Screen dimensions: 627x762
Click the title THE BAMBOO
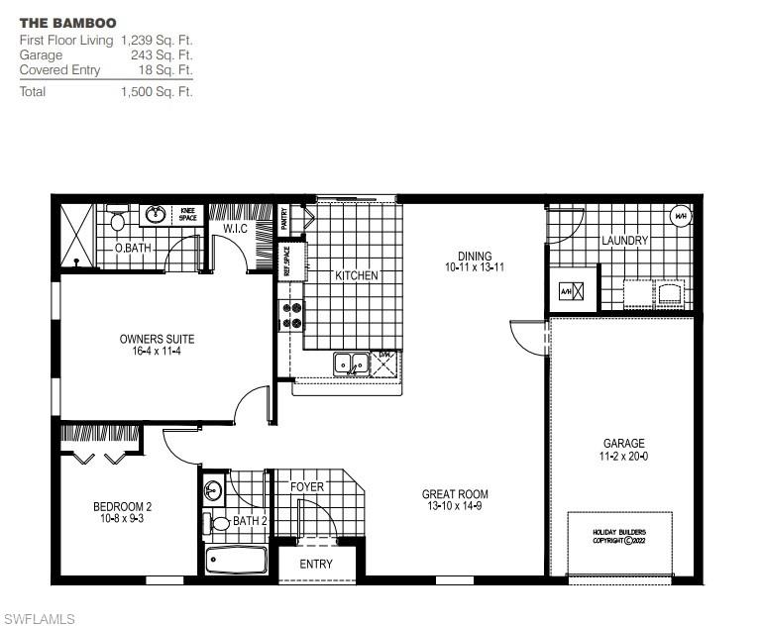pyautogui.click(x=67, y=22)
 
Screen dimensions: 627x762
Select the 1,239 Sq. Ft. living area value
pyautogui.click(x=157, y=41)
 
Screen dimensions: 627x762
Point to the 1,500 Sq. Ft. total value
pyautogui.click(x=157, y=91)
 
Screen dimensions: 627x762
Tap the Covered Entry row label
pyautogui.click(x=59, y=70)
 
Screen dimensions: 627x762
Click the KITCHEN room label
pyautogui.click(x=357, y=275)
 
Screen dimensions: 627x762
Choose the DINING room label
pyautogui.click(x=476, y=257)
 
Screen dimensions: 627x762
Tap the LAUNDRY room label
pyautogui.click(x=624, y=241)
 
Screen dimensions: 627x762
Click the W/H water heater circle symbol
pyautogui.click(x=681, y=217)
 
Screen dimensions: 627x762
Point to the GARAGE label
pyautogui.click(x=623, y=444)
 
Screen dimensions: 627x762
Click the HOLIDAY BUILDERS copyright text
pyautogui.click(x=618, y=536)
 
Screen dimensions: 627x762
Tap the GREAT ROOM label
pyautogui.click(x=455, y=494)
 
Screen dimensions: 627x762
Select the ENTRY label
pyautogui.click(x=316, y=565)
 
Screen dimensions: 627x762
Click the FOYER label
pyautogui.click(x=307, y=487)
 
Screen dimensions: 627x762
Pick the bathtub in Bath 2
pyautogui.click(x=237, y=562)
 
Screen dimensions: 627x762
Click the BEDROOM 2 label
pyautogui.click(x=122, y=506)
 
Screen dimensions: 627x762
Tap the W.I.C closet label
pyautogui.click(x=235, y=229)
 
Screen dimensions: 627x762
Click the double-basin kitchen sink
pyautogui.click(x=351, y=364)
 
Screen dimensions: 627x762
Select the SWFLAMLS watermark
pyautogui.click(x=38, y=619)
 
